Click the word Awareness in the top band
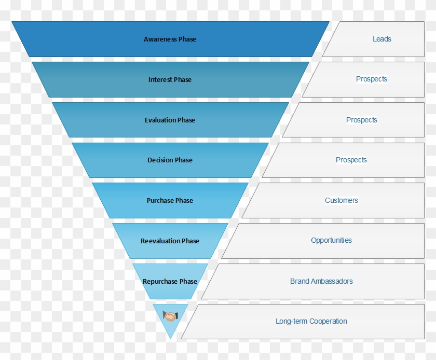(160, 39)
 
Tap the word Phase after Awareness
(187, 39)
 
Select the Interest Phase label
(170, 80)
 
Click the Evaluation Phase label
(170, 120)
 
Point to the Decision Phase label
(170, 160)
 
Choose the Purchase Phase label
(170, 201)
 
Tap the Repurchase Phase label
(170, 282)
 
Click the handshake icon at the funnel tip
(170, 315)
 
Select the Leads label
(382, 39)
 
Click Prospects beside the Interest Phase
(372, 79)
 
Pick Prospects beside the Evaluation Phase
(362, 120)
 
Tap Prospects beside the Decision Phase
(351, 160)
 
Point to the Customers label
(342, 201)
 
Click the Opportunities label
(331, 241)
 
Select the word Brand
(299, 282)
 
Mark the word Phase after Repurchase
(188, 282)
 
